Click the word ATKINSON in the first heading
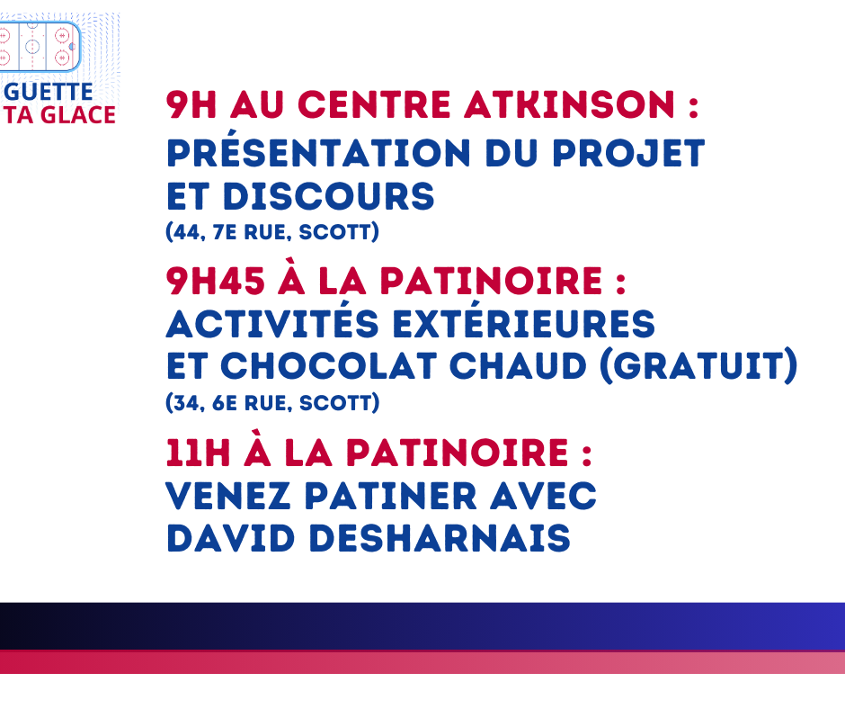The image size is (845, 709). (569, 104)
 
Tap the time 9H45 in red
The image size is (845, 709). (216, 281)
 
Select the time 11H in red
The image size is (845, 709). (199, 453)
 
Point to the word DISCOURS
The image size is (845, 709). (329, 196)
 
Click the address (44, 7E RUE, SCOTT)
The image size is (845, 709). (272, 232)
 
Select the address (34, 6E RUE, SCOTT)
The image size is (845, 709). (272, 403)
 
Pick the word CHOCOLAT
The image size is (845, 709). (329, 366)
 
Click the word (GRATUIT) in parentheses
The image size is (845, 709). (699, 366)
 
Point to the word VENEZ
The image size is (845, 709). (228, 496)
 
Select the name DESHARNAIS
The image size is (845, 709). (440, 538)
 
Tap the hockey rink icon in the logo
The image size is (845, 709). (40, 47)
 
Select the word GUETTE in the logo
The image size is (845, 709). (49, 92)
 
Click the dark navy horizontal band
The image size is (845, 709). (422, 626)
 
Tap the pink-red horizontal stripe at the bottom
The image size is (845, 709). (422, 662)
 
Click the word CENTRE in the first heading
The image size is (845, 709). (374, 104)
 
